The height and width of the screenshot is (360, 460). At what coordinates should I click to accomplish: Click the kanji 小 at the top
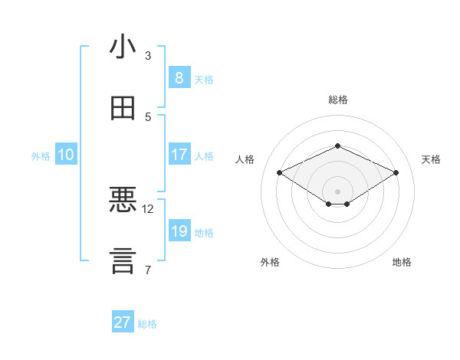[x=123, y=47]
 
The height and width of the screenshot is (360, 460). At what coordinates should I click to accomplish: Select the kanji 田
[x=123, y=109]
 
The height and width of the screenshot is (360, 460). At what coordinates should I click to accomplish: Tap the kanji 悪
[x=123, y=200]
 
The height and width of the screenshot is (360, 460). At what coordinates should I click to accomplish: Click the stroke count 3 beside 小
[x=148, y=56]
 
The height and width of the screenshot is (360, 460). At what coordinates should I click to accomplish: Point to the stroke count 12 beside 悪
[x=148, y=208]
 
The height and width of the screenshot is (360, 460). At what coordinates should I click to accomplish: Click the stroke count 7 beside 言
[x=148, y=270]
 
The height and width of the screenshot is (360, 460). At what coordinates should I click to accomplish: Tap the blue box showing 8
[x=179, y=78]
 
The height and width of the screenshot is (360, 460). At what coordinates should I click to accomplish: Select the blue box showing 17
[x=179, y=155]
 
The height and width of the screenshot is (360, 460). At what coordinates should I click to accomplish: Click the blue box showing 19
[x=179, y=231]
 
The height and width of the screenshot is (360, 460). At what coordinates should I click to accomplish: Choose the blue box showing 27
[x=123, y=322]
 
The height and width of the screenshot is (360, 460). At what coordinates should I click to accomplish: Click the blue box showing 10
[x=66, y=155]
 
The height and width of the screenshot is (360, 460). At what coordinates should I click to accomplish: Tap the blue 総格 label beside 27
[x=147, y=324]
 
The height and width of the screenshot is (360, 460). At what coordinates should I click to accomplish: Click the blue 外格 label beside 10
[x=41, y=155]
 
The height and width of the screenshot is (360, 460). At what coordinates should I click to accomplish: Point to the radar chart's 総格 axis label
[x=337, y=100]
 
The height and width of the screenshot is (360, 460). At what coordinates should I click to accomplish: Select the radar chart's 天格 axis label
[x=431, y=159]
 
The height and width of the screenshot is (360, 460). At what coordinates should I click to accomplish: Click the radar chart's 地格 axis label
[x=402, y=262]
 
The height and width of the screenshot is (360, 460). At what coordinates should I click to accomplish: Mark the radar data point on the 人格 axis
[x=280, y=173]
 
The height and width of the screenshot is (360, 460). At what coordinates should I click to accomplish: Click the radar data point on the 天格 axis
[x=396, y=173]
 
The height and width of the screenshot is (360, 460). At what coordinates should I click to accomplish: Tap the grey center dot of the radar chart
[x=337, y=191]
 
